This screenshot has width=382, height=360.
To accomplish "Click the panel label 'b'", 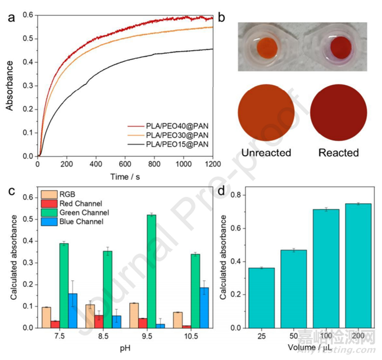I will [222, 17].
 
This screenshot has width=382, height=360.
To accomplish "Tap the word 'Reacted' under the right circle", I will [339, 152].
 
